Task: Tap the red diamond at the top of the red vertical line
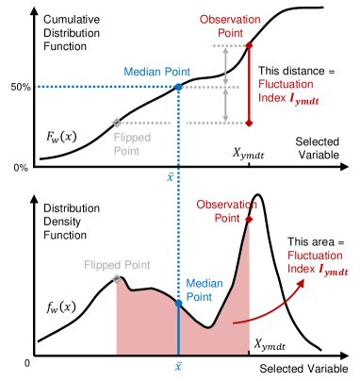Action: (x=250, y=44)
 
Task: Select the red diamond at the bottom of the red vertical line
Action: (x=250, y=123)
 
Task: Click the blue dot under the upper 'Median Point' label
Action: (x=178, y=87)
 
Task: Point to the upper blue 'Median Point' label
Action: (x=156, y=72)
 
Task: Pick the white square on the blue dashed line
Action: (x=178, y=123)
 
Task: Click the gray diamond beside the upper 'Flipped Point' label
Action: (x=116, y=123)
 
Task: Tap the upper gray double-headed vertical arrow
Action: (x=224, y=66)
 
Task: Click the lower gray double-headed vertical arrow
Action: (x=224, y=105)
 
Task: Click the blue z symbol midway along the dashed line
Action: (x=171, y=175)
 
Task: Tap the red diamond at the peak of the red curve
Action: (x=250, y=220)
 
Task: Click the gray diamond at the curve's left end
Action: (x=116, y=279)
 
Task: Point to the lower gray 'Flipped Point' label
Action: (x=117, y=264)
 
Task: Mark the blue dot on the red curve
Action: (x=178, y=303)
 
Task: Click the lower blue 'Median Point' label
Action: (x=205, y=289)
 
